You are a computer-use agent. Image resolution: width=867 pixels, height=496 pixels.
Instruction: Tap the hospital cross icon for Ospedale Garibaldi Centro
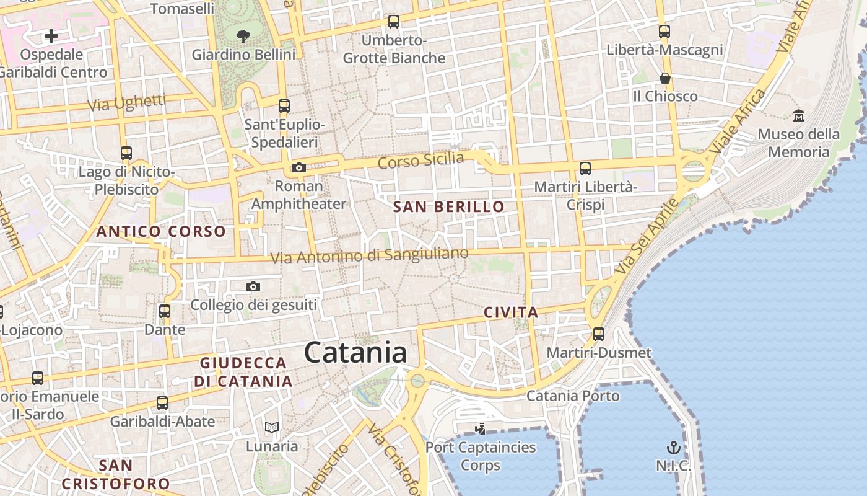pyautogui.click(x=51, y=36)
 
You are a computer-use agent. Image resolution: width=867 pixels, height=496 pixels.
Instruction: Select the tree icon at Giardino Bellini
pyautogui.click(x=243, y=36)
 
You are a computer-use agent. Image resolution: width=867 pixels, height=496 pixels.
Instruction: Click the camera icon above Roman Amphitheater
pyautogui.click(x=299, y=167)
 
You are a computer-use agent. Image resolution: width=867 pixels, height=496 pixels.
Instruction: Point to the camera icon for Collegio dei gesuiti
pyautogui.click(x=253, y=286)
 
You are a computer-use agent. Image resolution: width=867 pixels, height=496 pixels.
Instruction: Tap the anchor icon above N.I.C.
pyautogui.click(x=673, y=447)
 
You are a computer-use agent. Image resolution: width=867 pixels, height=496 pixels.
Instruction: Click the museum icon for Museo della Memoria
pyautogui.click(x=798, y=115)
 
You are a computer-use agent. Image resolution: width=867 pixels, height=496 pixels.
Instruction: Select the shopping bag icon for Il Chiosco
pyautogui.click(x=664, y=78)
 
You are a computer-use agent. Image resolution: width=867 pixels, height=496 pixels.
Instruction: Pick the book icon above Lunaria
pyautogui.click(x=271, y=427)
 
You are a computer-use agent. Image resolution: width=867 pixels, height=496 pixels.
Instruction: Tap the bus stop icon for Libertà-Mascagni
pyautogui.click(x=664, y=31)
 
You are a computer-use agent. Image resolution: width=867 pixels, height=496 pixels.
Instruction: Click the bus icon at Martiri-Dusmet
pyautogui.click(x=599, y=334)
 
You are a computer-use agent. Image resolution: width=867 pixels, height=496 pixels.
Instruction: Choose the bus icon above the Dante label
pyautogui.click(x=165, y=311)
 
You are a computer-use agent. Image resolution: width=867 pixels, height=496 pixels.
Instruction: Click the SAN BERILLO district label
pyautogui.click(x=449, y=207)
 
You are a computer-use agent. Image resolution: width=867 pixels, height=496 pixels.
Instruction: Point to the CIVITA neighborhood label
pyautogui.click(x=511, y=312)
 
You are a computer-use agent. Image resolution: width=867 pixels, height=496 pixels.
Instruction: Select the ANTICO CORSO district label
pyautogui.click(x=161, y=232)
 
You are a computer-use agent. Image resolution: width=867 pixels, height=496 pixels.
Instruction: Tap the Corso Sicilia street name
pyautogui.click(x=420, y=161)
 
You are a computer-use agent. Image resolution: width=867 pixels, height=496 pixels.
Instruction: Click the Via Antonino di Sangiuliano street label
pyautogui.click(x=370, y=255)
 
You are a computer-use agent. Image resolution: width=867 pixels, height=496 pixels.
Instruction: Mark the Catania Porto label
pyautogui.click(x=573, y=396)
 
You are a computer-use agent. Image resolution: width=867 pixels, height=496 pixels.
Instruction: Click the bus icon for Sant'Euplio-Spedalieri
pyautogui.click(x=284, y=106)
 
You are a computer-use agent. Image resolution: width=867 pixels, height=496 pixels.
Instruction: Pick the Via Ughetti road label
pyautogui.click(x=127, y=103)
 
